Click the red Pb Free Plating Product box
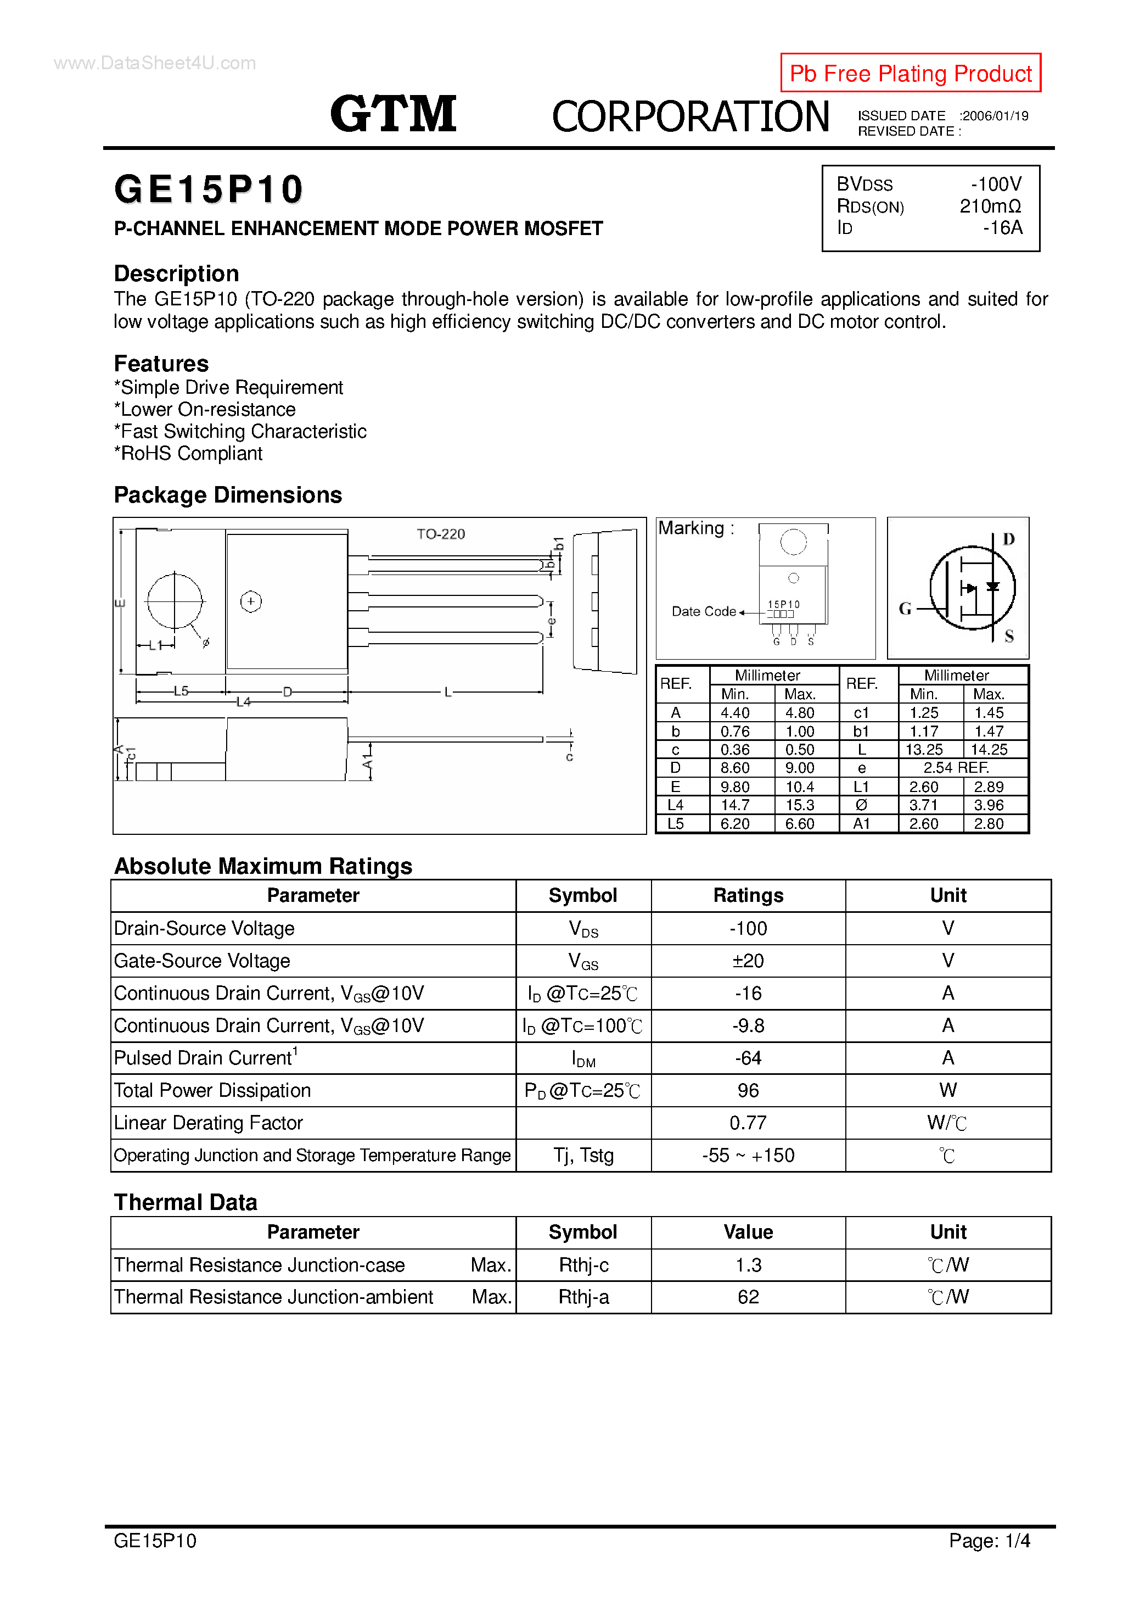(910, 73)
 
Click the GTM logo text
(393, 114)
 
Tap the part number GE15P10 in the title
(209, 189)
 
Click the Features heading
(161, 364)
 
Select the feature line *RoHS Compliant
(188, 453)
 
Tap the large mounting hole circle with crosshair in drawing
(174, 601)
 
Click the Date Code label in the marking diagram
(703, 611)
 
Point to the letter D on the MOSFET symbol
(1008, 539)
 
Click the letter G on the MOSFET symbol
(905, 609)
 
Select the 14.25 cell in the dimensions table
(989, 749)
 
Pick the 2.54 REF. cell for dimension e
(956, 767)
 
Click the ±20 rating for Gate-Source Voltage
(748, 961)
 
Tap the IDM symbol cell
(583, 1058)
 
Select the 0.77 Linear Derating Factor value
(748, 1123)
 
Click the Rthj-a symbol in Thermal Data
(583, 1297)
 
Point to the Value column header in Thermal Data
(748, 1232)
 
